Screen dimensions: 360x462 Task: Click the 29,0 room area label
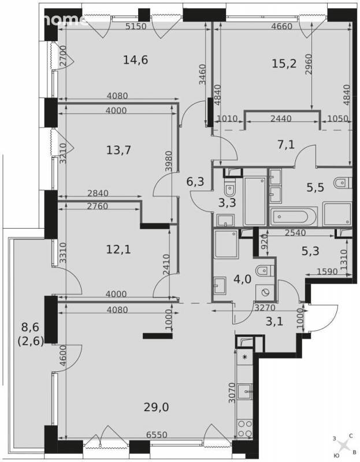click(x=156, y=408)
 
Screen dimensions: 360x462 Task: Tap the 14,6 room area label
click(x=135, y=60)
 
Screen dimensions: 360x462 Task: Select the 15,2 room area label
click(x=284, y=64)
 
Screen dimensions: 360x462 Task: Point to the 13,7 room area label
click(x=118, y=151)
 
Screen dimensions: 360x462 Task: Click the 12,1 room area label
click(x=118, y=250)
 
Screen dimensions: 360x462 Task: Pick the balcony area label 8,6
click(x=31, y=327)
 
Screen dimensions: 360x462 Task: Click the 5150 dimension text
click(x=136, y=26)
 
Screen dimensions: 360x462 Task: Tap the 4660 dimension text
click(x=281, y=26)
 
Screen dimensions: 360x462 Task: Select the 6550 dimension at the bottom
click(x=157, y=435)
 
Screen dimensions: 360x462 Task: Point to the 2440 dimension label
click(x=281, y=119)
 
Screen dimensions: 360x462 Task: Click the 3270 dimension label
click(x=265, y=308)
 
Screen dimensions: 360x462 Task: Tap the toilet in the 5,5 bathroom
click(x=343, y=182)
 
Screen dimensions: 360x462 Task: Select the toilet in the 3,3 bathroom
click(x=229, y=189)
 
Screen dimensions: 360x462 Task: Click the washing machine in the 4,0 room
click(x=265, y=292)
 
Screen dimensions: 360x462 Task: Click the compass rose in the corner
click(x=343, y=445)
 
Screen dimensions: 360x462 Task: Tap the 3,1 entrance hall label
click(x=274, y=322)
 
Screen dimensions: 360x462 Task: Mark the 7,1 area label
click(x=286, y=145)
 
